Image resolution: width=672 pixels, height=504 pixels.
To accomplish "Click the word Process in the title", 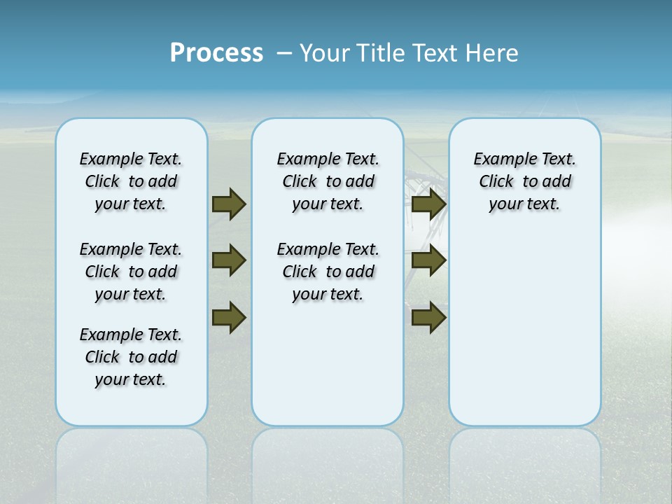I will tap(216, 53).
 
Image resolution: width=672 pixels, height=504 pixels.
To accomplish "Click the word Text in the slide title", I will tap(435, 53).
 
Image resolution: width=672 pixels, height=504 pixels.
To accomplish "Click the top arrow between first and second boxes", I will tap(229, 204).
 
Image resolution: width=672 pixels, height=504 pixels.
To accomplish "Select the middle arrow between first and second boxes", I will tap(229, 260).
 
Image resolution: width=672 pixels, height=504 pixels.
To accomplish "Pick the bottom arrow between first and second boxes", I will tap(229, 317).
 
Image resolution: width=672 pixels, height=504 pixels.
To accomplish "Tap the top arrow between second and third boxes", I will tap(428, 204).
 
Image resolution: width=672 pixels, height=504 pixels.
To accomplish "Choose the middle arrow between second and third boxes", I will tap(428, 260).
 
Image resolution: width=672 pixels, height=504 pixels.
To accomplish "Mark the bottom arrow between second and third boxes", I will tap(428, 317).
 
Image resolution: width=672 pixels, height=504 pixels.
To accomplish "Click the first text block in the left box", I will tap(131, 181).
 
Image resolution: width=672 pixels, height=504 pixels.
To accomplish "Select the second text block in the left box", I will tap(131, 272).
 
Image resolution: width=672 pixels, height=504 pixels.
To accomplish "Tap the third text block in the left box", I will tap(131, 357).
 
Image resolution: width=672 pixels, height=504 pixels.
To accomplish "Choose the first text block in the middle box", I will tap(328, 181).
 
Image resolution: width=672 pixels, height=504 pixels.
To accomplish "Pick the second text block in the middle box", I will tap(328, 272).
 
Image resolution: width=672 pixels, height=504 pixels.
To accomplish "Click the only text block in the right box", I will tap(524, 181).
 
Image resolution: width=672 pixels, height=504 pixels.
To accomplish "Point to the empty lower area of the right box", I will tap(524, 329).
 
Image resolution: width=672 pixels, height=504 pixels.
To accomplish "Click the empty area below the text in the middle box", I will tap(328, 364).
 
